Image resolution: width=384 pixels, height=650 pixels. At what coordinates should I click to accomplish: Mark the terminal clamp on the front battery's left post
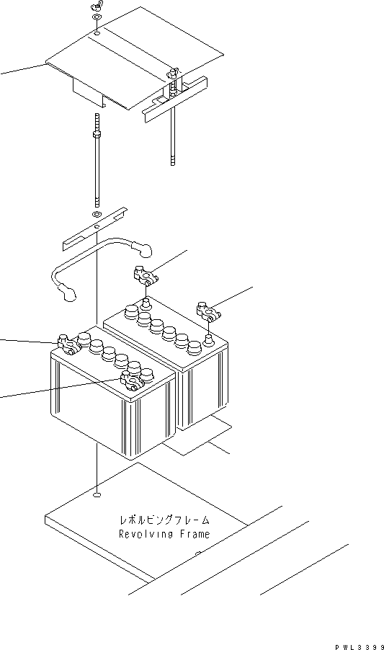(x=68, y=344)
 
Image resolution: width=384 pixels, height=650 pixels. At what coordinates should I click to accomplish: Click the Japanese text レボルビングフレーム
(x=164, y=520)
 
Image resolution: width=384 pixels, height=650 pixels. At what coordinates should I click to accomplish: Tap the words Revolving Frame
(x=164, y=534)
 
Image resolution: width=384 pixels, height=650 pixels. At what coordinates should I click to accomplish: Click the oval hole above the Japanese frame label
(x=97, y=495)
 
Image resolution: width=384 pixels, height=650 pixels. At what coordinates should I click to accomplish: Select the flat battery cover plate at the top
(x=137, y=65)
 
